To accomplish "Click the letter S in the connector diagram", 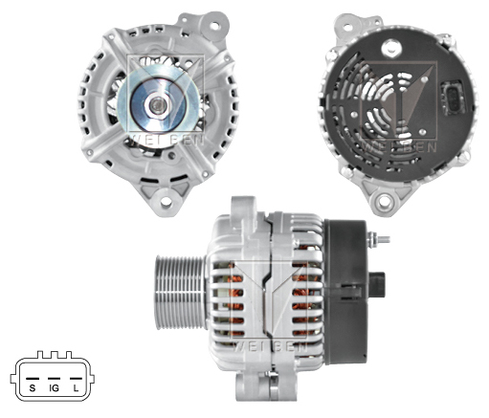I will [x=33, y=389].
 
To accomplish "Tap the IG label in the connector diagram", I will [x=54, y=389].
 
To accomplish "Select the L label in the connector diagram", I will [x=76, y=389].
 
